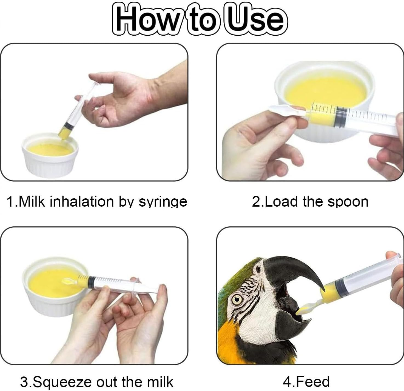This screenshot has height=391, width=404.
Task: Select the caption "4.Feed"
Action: click(x=306, y=381)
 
